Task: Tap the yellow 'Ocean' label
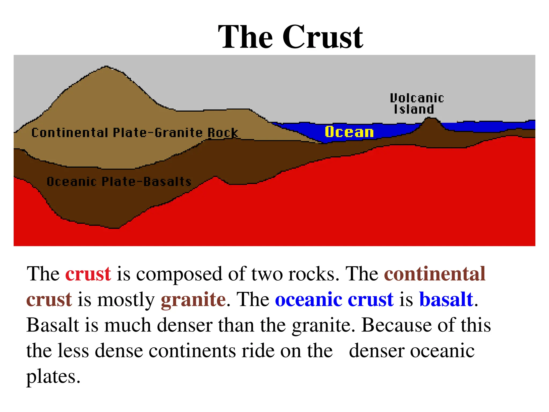[x=349, y=132]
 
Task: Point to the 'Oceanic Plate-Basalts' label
[x=119, y=182]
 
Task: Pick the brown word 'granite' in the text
[x=193, y=299]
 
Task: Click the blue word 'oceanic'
[x=308, y=299]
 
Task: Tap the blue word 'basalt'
[x=446, y=299]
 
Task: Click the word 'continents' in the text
[x=192, y=351]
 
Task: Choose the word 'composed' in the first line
[x=179, y=274]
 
